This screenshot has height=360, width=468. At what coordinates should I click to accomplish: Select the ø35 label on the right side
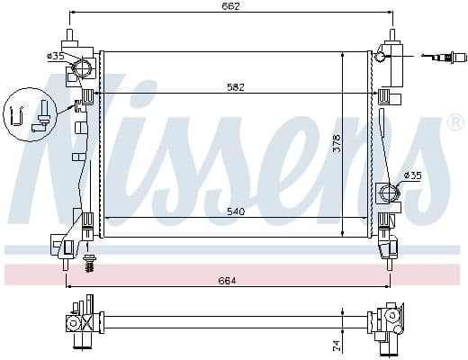412,175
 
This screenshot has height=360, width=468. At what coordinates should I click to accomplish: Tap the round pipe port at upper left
83,68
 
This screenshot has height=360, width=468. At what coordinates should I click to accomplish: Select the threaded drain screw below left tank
89,262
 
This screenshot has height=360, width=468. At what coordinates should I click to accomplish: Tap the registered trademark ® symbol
455,122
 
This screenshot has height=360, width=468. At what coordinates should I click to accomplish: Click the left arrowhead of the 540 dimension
108,219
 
